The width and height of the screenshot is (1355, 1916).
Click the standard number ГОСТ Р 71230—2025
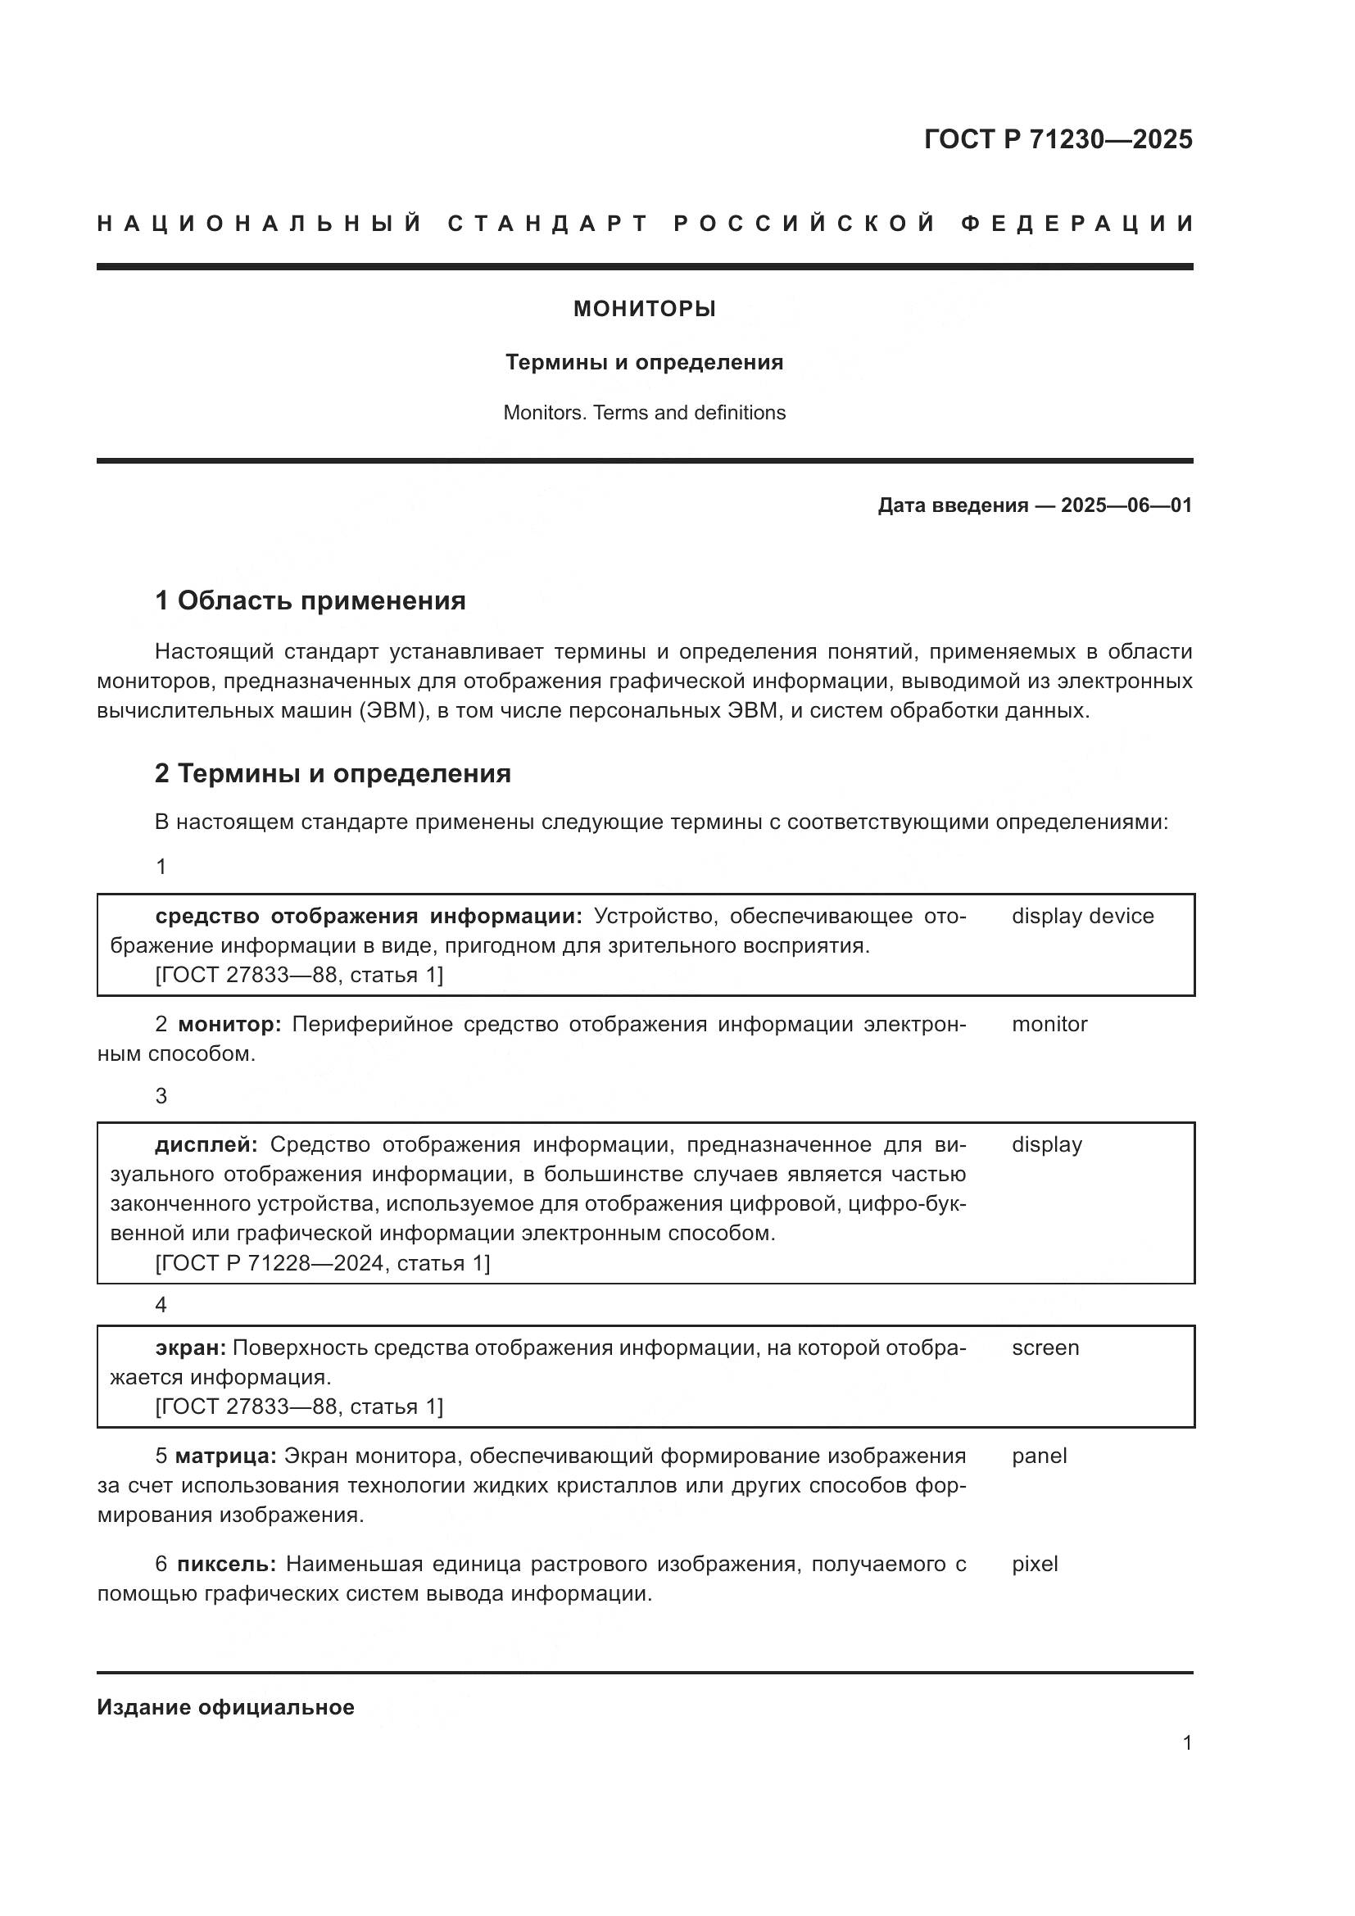coord(1058,139)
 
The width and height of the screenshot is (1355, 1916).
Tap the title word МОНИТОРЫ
coord(644,309)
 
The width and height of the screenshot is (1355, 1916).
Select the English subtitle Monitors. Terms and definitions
coord(644,412)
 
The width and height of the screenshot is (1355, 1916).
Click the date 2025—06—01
coord(1126,505)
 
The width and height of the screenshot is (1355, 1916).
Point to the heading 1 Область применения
coord(310,600)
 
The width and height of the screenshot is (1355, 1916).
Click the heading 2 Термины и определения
coord(332,773)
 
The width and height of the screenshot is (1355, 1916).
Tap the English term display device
coord(1082,916)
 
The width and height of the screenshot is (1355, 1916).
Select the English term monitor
coord(1049,1024)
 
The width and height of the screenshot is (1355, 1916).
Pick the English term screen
coord(1045,1348)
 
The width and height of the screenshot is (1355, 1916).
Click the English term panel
coord(1039,1456)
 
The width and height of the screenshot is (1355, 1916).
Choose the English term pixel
coord(1035,1564)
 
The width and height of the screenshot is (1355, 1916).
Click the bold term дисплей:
coord(206,1144)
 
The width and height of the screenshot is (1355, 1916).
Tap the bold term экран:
coord(190,1348)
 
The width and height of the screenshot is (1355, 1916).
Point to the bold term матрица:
coord(225,1456)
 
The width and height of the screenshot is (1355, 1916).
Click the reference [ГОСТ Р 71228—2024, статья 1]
coord(322,1262)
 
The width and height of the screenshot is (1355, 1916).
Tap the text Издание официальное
coord(225,1707)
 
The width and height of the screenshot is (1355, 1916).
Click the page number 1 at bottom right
coord(1186,1742)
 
